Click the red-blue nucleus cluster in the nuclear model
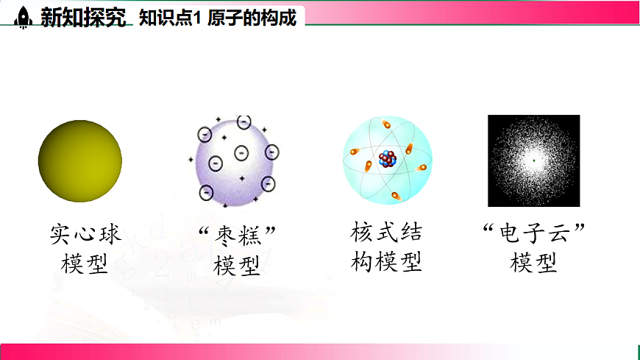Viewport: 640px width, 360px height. tap(387, 158)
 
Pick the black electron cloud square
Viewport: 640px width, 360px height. tap(533, 160)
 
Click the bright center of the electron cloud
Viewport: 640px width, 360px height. tap(533, 160)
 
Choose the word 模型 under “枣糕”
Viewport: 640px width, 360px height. tap(237, 264)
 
